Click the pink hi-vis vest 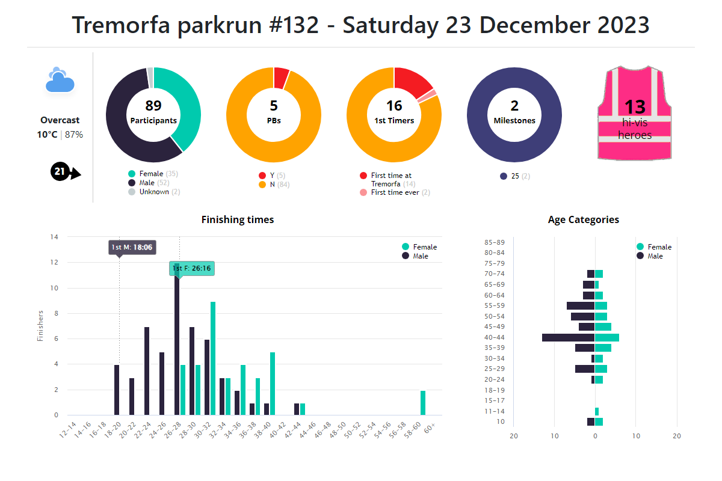point(634,114)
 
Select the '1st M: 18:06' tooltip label point(131,247)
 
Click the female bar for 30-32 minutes point(213,358)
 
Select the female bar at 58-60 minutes point(423,402)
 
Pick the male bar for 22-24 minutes point(147,371)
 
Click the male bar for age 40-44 point(568,337)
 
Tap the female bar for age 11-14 point(597,411)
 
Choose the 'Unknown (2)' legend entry point(154,192)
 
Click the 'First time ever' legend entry point(394,192)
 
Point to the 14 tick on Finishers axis point(54,237)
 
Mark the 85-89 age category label point(494,242)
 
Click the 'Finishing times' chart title point(238,220)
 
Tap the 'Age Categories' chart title point(583,220)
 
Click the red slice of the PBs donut point(280,78)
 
